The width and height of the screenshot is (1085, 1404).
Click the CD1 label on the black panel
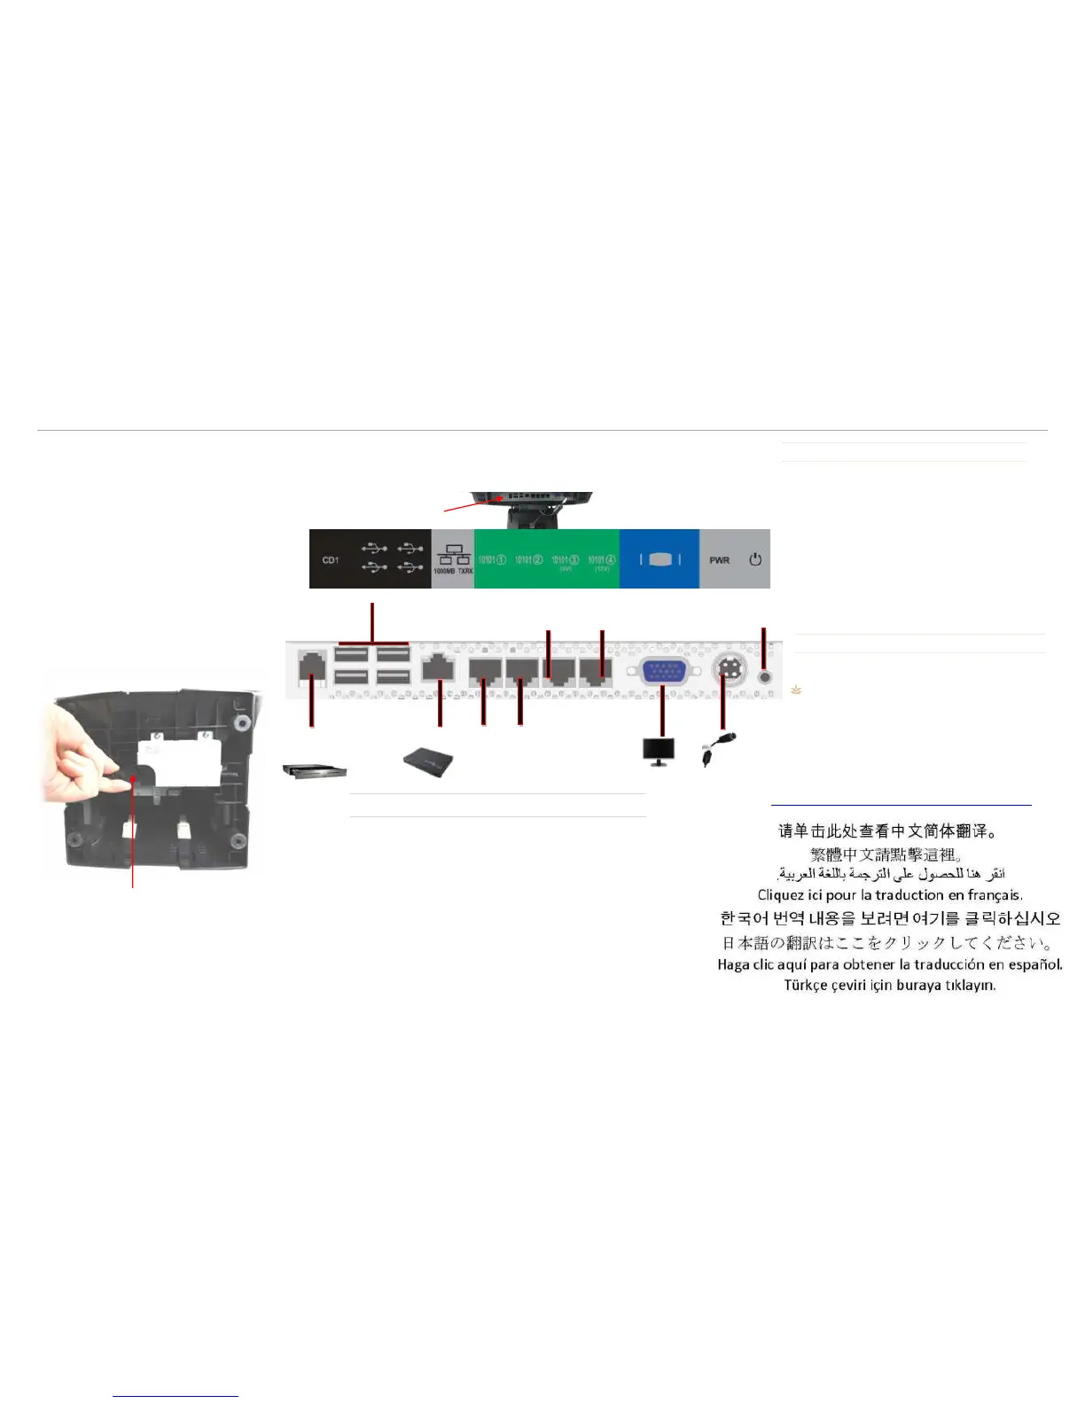[331, 560]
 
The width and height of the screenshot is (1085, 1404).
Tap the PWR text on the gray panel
[719, 560]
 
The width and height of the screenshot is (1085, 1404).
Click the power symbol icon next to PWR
[755, 559]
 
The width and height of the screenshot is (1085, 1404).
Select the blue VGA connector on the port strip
[663, 671]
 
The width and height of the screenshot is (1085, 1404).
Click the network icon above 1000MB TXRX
[453, 555]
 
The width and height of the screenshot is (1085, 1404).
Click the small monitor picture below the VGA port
[658, 751]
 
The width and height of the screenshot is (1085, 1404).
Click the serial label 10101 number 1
[492, 560]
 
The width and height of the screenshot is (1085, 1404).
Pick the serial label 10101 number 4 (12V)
[602, 561]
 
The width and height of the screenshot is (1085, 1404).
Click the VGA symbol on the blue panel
[660, 559]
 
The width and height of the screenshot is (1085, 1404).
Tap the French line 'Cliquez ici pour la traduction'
[890, 895]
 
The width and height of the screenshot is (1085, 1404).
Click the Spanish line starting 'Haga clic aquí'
[890, 964]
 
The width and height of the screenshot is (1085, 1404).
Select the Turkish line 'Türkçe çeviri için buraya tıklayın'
[890, 986]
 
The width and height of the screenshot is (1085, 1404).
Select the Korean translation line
[890, 918]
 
